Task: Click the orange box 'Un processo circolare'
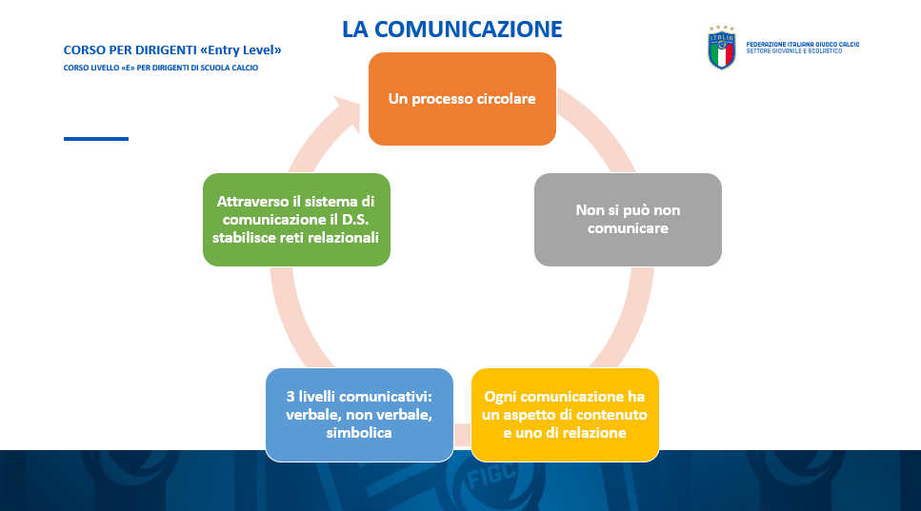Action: tap(462, 99)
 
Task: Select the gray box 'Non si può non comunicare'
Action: tap(628, 220)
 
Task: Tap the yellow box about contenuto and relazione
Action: tap(565, 415)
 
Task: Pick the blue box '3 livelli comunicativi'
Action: tap(359, 415)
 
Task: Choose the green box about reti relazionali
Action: tap(296, 220)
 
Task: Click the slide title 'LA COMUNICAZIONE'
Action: tap(452, 29)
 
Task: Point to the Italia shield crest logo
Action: tap(722, 49)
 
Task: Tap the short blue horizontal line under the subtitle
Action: tap(96, 139)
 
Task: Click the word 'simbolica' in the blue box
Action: tap(359, 432)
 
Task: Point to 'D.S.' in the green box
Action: tap(355, 220)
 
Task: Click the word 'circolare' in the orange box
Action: tap(506, 99)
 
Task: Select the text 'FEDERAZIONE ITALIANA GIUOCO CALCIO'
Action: tap(802, 45)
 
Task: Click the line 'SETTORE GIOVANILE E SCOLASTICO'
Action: tap(794, 51)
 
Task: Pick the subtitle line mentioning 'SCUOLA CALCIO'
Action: tap(161, 68)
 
